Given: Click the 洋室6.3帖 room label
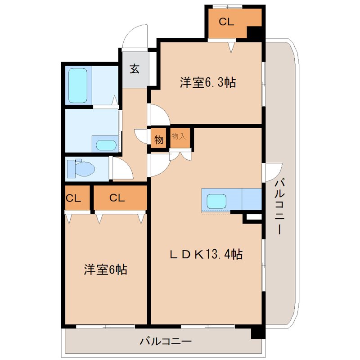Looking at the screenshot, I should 208,83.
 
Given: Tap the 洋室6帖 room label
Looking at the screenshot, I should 105,270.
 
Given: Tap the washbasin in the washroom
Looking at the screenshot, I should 106,145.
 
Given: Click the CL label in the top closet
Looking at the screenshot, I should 226,21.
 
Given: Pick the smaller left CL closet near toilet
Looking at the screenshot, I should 75,198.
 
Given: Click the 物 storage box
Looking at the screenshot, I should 159,139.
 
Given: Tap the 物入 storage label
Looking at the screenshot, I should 179,136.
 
